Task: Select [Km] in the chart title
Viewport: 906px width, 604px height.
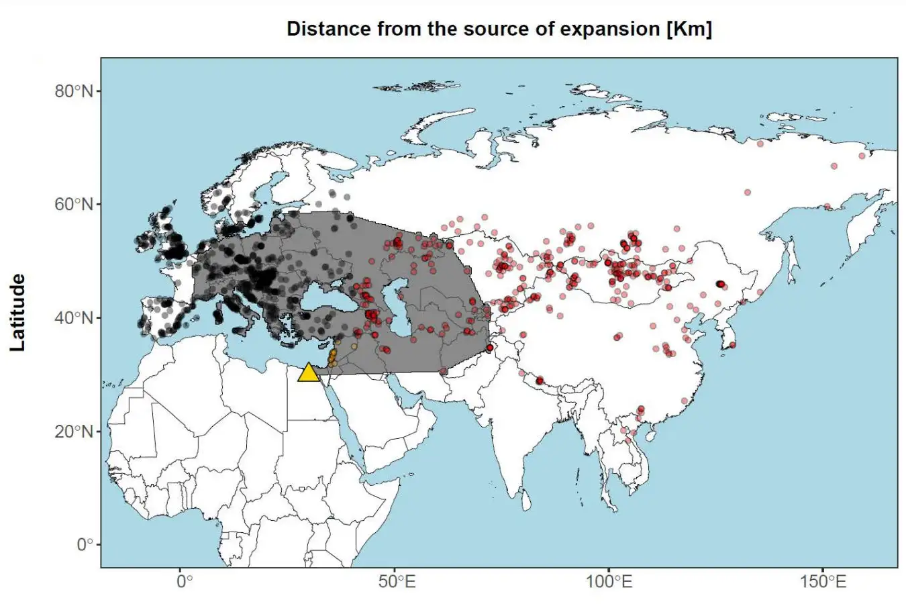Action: (689, 29)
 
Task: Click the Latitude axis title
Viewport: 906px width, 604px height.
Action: (17, 312)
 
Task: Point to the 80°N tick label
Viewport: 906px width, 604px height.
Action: (73, 91)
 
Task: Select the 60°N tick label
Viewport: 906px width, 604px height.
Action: (73, 204)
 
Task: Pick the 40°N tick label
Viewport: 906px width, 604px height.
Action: (73, 317)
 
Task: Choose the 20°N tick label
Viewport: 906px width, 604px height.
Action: (73, 431)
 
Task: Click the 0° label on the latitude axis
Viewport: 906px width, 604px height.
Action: (84, 544)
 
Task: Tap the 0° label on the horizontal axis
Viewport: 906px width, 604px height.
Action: (183, 581)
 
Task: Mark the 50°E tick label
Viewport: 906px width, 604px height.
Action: (396, 581)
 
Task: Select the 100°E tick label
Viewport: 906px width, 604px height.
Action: (609, 581)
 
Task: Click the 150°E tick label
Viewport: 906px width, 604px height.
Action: (822, 581)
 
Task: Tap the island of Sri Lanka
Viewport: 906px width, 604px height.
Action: (527, 500)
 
